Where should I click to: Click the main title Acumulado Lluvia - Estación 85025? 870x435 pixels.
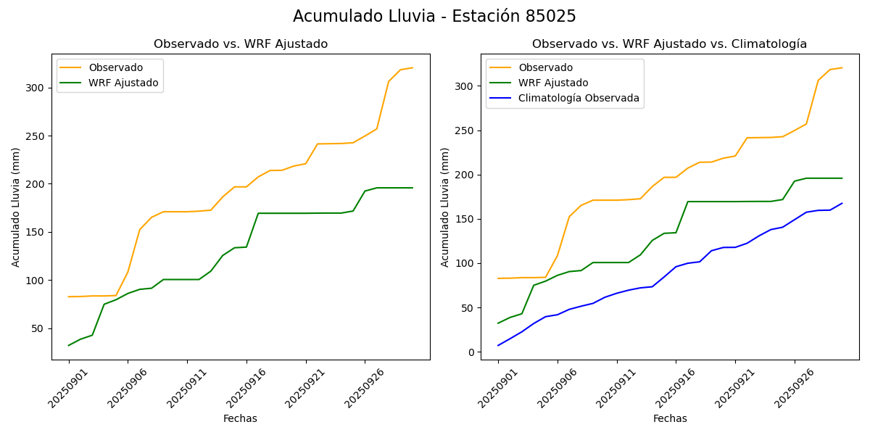(x=434, y=17)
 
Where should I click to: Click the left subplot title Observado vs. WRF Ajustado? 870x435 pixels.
(x=241, y=44)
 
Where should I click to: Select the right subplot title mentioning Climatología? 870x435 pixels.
(x=669, y=44)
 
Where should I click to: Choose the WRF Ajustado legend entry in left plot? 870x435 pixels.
(x=123, y=83)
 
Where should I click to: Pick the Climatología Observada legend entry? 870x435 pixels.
(x=578, y=98)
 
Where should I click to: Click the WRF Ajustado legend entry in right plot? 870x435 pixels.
(x=552, y=83)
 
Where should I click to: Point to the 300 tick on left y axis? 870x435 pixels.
(x=37, y=88)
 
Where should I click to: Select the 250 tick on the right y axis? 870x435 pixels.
(x=466, y=130)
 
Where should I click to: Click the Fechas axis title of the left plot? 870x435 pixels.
(x=240, y=418)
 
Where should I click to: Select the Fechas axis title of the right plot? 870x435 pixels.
(x=670, y=418)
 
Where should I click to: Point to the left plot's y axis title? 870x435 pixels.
(x=16, y=207)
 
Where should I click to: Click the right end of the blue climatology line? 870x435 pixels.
(x=842, y=203)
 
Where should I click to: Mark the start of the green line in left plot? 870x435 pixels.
(x=69, y=345)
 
